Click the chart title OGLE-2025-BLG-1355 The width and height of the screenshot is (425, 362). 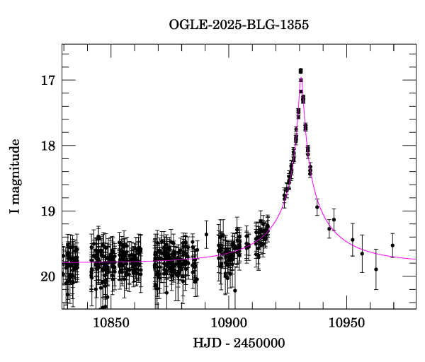[x=239, y=24]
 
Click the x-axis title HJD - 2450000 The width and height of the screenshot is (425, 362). [x=239, y=344]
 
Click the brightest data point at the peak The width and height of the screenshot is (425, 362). [x=301, y=71]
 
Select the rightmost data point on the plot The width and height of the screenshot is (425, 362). [x=392, y=245]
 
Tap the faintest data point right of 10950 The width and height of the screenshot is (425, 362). [x=376, y=269]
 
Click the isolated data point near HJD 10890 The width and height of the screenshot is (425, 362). [x=207, y=234]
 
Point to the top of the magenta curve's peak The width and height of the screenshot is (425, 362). [x=302, y=78]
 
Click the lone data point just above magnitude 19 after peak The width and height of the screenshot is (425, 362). [x=317, y=207]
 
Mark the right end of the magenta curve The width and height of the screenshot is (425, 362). [x=416, y=259]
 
